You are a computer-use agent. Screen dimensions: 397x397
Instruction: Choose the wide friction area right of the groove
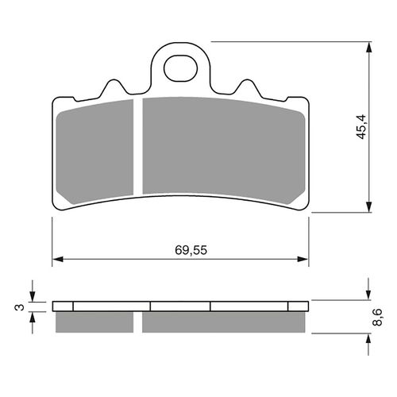(x=222, y=147)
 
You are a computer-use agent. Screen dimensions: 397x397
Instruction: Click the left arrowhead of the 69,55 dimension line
(x=57, y=260)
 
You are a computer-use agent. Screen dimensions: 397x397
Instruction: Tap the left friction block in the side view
(x=94, y=322)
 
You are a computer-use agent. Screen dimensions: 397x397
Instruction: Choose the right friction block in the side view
(x=222, y=322)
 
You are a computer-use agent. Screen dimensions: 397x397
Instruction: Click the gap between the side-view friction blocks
(x=138, y=322)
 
